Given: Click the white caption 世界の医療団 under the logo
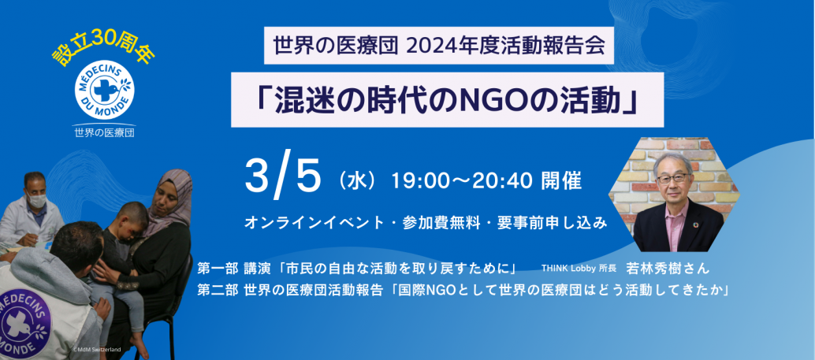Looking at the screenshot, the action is click(x=104, y=132).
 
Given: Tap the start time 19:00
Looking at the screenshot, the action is click(x=414, y=181).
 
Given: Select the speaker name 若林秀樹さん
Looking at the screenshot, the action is click(x=668, y=269).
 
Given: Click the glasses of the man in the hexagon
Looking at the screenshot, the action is click(x=673, y=178).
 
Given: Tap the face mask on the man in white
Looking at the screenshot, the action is click(x=36, y=201).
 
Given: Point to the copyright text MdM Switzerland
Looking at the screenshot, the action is click(x=97, y=349).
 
